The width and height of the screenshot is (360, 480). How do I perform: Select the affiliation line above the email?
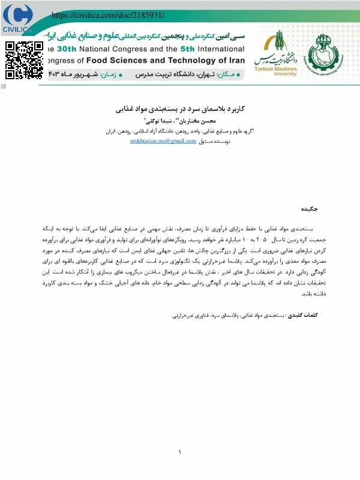180,130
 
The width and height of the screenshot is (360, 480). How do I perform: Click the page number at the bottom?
179,452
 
